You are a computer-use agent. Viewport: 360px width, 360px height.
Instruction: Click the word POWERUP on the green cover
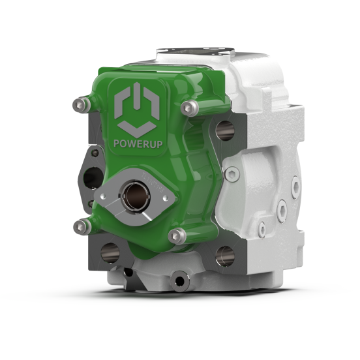coord(138,143)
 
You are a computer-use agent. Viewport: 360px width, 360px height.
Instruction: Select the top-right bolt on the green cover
coord(189,108)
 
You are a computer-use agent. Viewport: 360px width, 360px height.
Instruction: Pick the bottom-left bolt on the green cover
coord(82,227)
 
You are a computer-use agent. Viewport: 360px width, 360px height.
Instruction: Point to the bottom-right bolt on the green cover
coord(177,236)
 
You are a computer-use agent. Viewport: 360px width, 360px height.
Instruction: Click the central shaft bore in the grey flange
coord(136,196)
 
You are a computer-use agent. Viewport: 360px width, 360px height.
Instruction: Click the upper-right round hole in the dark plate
coord(225,131)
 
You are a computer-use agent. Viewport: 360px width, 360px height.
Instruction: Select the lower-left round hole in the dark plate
coord(110,253)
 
